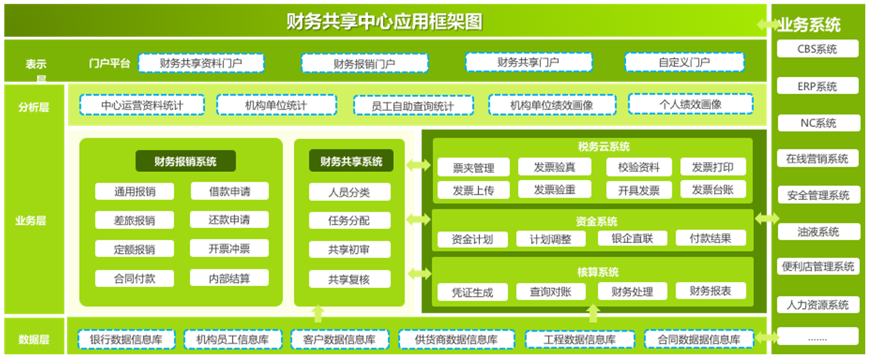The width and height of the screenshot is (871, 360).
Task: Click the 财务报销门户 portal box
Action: point(365,63)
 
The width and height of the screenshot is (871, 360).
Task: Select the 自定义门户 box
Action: point(685,62)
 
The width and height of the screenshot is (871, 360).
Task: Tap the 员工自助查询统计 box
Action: point(413,105)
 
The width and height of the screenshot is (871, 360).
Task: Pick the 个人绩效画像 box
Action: point(691,104)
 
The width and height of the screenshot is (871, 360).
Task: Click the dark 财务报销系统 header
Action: point(185,161)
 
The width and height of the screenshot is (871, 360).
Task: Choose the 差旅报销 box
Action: point(134,220)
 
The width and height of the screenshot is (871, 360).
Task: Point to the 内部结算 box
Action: point(229,278)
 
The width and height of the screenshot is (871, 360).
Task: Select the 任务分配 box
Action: point(350,220)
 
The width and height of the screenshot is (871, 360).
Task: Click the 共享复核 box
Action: point(350,279)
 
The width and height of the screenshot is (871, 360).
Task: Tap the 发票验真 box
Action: point(554,167)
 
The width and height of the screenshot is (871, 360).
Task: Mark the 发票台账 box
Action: point(713,189)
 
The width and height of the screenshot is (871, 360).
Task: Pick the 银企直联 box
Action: point(632,238)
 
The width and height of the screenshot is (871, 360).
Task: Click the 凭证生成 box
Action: point(472,292)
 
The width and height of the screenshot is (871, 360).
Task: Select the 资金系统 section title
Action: point(596,221)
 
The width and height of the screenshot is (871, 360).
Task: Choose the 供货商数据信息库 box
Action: point(456,339)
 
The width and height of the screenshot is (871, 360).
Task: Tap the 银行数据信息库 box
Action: point(127,339)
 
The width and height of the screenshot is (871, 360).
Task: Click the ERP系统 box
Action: point(817,86)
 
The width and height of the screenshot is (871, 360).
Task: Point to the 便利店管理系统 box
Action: point(818,266)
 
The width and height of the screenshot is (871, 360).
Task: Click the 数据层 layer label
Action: point(34,339)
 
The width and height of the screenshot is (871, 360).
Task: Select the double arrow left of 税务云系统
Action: point(418,165)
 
